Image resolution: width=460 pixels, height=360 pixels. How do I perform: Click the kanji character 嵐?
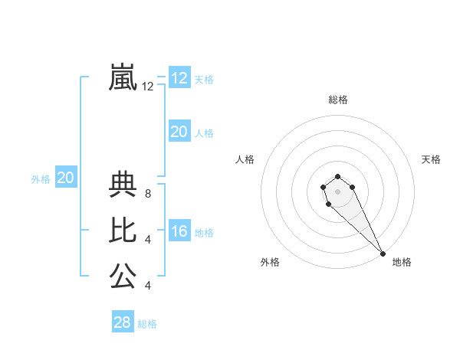click(123, 77)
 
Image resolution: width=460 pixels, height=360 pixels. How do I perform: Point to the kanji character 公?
click(123, 276)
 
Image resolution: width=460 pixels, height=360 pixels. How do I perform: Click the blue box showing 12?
click(179, 78)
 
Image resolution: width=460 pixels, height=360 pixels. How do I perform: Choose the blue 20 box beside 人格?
click(179, 132)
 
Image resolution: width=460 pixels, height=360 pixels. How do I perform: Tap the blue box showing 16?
click(179, 231)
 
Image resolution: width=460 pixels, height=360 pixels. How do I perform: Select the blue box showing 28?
click(123, 322)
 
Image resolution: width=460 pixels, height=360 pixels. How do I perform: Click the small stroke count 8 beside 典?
click(147, 194)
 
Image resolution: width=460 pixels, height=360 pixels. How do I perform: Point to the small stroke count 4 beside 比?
click(147, 240)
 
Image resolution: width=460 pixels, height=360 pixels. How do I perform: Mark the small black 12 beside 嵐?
click(147, 87)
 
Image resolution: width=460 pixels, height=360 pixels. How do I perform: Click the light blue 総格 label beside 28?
click(147, 324)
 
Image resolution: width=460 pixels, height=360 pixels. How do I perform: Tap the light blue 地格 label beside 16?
click(204, 233)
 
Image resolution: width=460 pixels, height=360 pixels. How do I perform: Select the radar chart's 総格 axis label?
click(338, 100)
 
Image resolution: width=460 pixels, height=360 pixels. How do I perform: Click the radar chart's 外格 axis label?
click(270, 262)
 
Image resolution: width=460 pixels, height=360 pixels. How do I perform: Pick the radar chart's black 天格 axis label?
click(431, 159)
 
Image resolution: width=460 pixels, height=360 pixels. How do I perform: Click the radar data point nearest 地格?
click(383, 254)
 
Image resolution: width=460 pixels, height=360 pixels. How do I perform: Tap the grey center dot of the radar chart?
click(338, 191)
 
